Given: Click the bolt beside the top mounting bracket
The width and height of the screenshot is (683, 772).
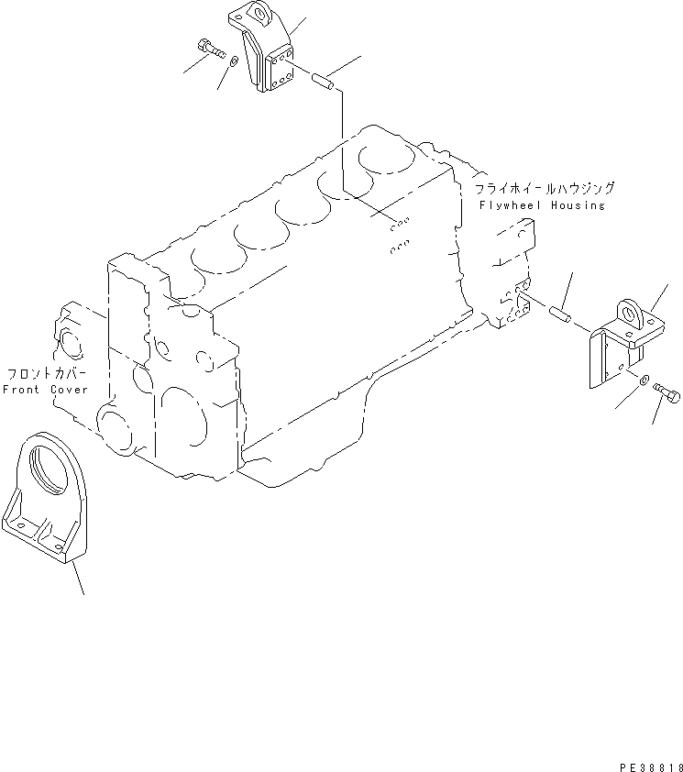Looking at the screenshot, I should pyautogui.click(x=210, y=48).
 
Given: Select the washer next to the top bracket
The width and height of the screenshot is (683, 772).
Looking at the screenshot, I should pyautogui.click(x=235, y=62).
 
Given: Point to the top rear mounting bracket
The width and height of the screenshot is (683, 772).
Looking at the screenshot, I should pyautogui.click(x=268, y=55).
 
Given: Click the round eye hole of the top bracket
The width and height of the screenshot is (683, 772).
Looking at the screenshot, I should pyautogui.click(x=258, y=15).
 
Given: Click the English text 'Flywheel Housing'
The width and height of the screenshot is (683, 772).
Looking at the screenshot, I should pyautogui.click(x=542, y=205).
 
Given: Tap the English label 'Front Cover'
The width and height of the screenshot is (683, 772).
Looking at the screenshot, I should pyautogui.click(x=46, y=390).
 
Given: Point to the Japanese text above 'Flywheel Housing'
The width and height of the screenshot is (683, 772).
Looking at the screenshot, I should pyautogui.click(x=545, y=189).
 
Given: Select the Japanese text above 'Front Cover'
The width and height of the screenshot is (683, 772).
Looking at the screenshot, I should pyautogui.click(x=47, y=375).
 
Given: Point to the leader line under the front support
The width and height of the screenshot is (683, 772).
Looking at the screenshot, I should pyautogui.click(x=79, y=580).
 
